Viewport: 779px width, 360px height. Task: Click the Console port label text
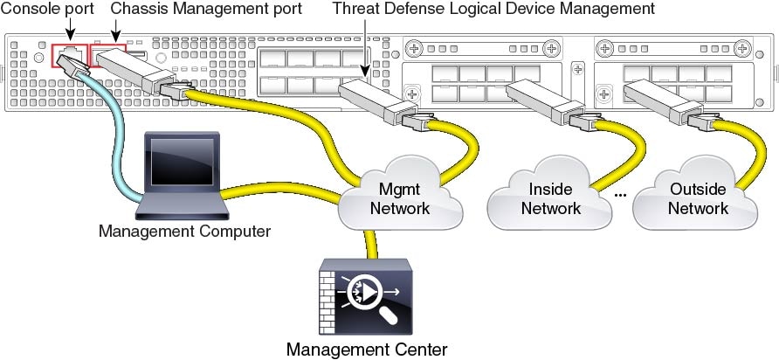click(47, 9)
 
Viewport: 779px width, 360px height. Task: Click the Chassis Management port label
click(208, 9)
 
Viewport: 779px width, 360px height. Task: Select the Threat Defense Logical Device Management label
click(493, 9)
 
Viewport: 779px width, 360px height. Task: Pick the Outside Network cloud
click(698, 198)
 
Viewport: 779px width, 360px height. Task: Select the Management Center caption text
click(367, 350)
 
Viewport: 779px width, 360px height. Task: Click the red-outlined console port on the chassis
click(65, 55)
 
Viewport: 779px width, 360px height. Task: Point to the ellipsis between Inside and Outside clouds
click(620, 193)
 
